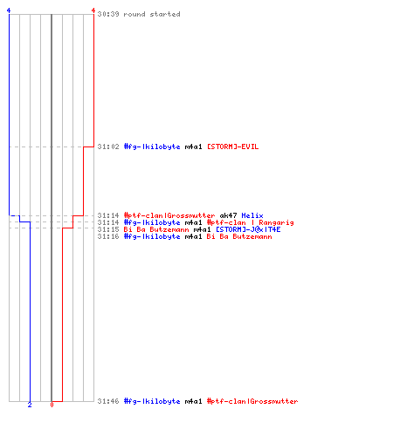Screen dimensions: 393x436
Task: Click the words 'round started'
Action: [x=152, y=14]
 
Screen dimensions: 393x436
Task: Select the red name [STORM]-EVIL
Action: [x=232, y=146]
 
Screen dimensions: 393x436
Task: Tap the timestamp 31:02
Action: [x=108, y=146]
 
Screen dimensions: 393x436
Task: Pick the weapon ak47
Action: [x=228, y=215]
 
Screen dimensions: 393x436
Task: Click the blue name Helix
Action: [x=252, y=215]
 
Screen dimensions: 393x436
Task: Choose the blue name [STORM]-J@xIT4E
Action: [x=248, y=229]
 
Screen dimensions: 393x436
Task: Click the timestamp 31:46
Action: [x=108, y=401]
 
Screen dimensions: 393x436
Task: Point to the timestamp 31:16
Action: [x=108, y=236]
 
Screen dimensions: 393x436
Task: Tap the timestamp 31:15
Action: [x=108, y=229]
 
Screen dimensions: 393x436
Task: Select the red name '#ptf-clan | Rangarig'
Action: [x=251, y=222]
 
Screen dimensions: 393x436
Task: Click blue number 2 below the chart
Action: [x=30, y=405]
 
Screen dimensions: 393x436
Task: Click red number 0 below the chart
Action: [x=52, y=405]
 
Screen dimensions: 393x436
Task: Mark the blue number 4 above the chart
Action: [x=9, y=10]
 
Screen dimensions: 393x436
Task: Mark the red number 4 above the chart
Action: [x=93, y=10]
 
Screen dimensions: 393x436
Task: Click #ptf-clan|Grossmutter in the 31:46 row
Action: [x=252, y=401]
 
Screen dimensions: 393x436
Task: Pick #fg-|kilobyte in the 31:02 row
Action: [x=152, y=146]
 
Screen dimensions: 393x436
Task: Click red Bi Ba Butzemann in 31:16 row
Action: [x=239, y=236]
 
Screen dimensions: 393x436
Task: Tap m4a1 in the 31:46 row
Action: [x=194, y=401]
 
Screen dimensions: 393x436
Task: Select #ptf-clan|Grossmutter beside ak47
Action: [x=169, y=215]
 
